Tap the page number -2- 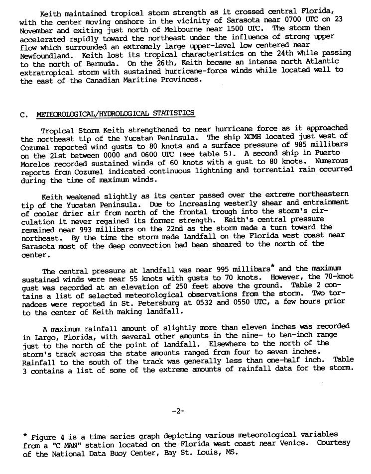tap(178, 411)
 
